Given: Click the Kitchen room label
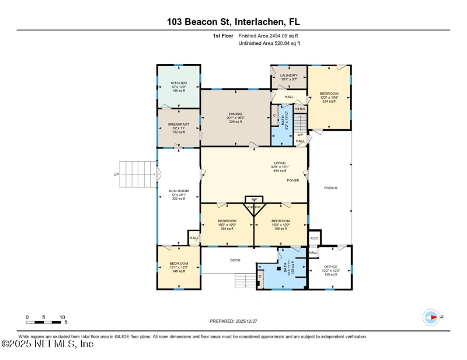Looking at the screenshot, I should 179,83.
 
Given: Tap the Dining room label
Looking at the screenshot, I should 235,114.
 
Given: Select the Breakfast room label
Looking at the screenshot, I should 179,124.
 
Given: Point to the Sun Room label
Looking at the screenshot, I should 179,191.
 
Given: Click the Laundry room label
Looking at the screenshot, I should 289,75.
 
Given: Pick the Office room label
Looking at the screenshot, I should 330,267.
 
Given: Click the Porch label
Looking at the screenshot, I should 330,188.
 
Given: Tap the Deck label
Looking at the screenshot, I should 235,260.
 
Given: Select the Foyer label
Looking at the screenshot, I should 292,180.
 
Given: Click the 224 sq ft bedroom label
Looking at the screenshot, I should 329,93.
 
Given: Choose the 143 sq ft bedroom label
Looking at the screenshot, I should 179,264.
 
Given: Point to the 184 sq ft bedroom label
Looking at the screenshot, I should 226,221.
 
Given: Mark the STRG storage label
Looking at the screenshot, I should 300,109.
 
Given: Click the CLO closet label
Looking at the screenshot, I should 314,238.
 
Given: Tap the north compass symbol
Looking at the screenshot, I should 431,317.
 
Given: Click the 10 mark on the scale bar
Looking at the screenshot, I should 62,317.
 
